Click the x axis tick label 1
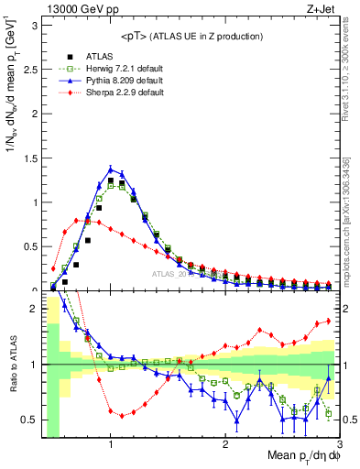111,446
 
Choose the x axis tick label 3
338,446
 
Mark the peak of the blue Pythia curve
111,169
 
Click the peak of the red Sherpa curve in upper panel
77,220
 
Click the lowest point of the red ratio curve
122,415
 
